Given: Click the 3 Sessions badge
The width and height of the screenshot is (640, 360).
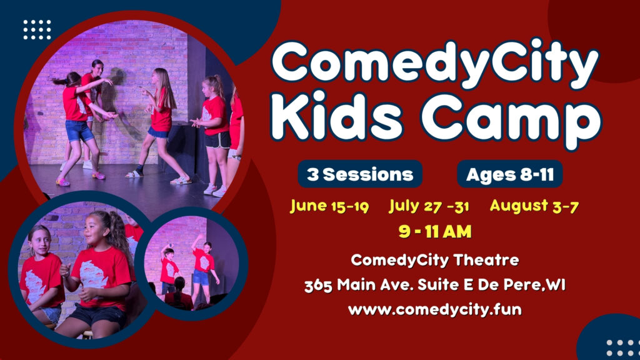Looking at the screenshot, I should pyautogui.click(x=360, y=174).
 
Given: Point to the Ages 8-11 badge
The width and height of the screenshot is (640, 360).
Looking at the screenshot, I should pyautogui.click(x=509, y=174).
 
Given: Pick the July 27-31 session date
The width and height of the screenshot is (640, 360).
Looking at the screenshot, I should pyautogui.click(x=429, y=206).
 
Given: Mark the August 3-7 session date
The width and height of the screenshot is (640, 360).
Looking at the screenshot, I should pyautogui.click(x=534, y=206).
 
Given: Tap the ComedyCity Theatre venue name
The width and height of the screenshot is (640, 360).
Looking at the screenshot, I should pyautogui.click(x=434, y=259).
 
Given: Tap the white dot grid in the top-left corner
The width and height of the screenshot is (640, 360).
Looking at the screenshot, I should pyautogui.click(x=37, y=29).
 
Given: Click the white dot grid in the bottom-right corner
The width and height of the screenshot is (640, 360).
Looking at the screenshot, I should pyautogui.click(x=619, y=347).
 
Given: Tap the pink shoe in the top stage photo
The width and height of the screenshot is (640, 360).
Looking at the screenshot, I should pyautogui.click(x=63, y=182).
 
